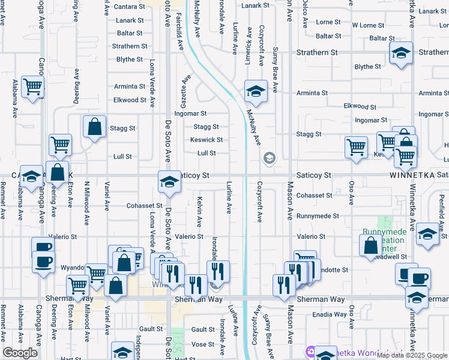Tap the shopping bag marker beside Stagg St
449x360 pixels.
click(94, 127)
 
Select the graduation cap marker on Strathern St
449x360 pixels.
click(400, 53)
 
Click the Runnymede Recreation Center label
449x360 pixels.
click(384, 240)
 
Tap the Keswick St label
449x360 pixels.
click(207, 140)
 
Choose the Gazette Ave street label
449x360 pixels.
click(187, 89)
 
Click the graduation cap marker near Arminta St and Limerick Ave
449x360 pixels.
click(256, 92)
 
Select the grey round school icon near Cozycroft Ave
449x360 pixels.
click(269, 158)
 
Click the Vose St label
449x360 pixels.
click(203, 344)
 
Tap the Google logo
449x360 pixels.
click(20, 353)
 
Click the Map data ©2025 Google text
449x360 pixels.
click(412, 355)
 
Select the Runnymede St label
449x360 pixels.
click(318, 215)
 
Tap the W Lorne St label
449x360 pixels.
click(368, 25)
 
